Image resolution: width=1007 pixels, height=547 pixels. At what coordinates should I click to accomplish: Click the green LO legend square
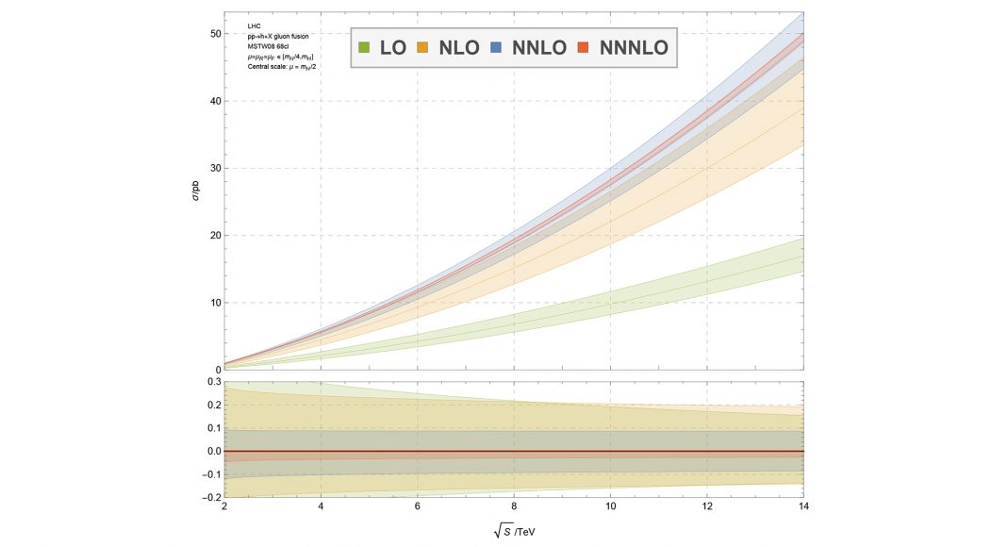(x=363, y=46)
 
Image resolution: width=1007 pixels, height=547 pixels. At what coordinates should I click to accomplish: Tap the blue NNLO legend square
(x=497, y=46)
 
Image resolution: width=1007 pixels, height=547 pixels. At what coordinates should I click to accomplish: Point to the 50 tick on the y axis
(x=214, y=34)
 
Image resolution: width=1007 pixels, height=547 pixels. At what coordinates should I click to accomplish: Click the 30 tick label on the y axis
(x=214, y=169)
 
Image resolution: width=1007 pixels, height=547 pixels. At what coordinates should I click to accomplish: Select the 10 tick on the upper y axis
(x=214, y=303)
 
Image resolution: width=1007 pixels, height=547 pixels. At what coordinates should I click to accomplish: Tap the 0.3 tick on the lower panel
(x=212, y=382)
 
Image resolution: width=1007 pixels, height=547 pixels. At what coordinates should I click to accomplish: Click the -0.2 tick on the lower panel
(x=210, y=497)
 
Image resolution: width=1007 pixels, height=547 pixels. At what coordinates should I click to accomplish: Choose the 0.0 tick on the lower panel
(x=212, y=451)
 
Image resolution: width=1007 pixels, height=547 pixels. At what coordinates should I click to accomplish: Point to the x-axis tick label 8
(x=514, y=506)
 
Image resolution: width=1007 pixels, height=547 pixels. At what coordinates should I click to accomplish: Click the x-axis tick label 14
(x=802, y=506)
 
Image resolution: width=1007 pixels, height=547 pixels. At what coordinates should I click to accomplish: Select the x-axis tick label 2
(x=224, y=506)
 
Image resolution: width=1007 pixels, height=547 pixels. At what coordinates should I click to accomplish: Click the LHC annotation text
(x=254, y=25)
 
